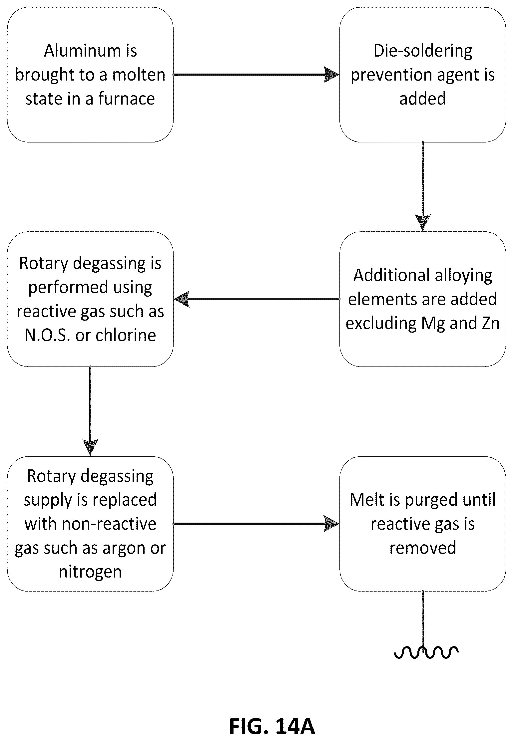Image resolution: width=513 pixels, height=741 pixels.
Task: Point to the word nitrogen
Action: pos(90,573)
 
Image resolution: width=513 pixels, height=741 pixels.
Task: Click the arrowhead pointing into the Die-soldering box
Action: pos(332,75)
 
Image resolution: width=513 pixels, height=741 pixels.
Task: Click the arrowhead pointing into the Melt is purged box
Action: pos(332,524)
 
